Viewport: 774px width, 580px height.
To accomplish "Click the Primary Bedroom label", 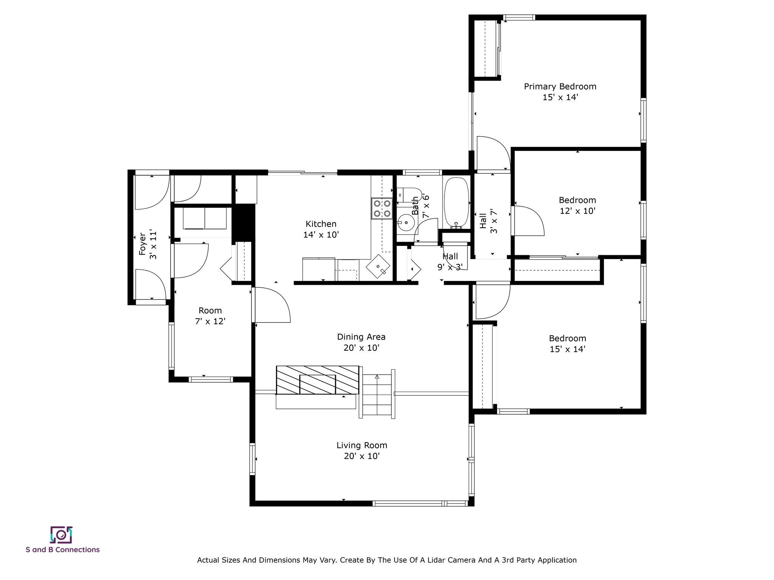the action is tap(560, 86).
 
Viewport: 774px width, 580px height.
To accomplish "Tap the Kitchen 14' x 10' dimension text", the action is tap(321, 234).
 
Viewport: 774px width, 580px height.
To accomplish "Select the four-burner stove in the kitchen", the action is tap(381, 208).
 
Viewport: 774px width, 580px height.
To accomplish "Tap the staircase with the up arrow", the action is tap(377, 393).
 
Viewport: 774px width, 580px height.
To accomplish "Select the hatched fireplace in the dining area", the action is tap(317, 380).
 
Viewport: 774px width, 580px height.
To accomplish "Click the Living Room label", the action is tap(362, 446).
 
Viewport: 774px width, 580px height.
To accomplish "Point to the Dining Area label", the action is tap(361, 337).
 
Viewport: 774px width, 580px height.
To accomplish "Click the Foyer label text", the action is tap(142, 244).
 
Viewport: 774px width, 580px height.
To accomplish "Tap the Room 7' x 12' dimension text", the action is tap(210, 321).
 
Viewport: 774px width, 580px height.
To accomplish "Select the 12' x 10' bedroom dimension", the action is tap(577, 211).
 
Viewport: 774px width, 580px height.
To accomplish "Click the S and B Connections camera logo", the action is tap(61, 535).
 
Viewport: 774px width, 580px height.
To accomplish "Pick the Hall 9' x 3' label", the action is tap(450, 262).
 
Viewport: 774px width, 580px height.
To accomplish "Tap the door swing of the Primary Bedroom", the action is tap(494, 153).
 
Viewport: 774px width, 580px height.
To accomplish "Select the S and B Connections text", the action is tap(63, 550).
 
